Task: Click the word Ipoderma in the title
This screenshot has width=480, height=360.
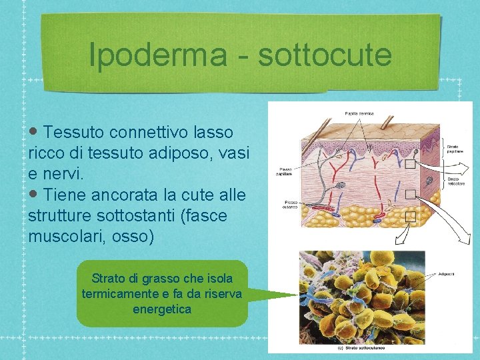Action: [x=157, y=55]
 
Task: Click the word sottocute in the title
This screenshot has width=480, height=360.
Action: [x=325, y=55]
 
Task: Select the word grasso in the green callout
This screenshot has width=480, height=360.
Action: [x=171, y=278]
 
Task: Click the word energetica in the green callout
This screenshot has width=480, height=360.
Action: [x=162, y=309]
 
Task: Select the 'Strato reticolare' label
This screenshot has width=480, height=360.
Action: [x=455, y=181]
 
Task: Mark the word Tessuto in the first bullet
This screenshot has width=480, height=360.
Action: [x=73, y=132]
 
